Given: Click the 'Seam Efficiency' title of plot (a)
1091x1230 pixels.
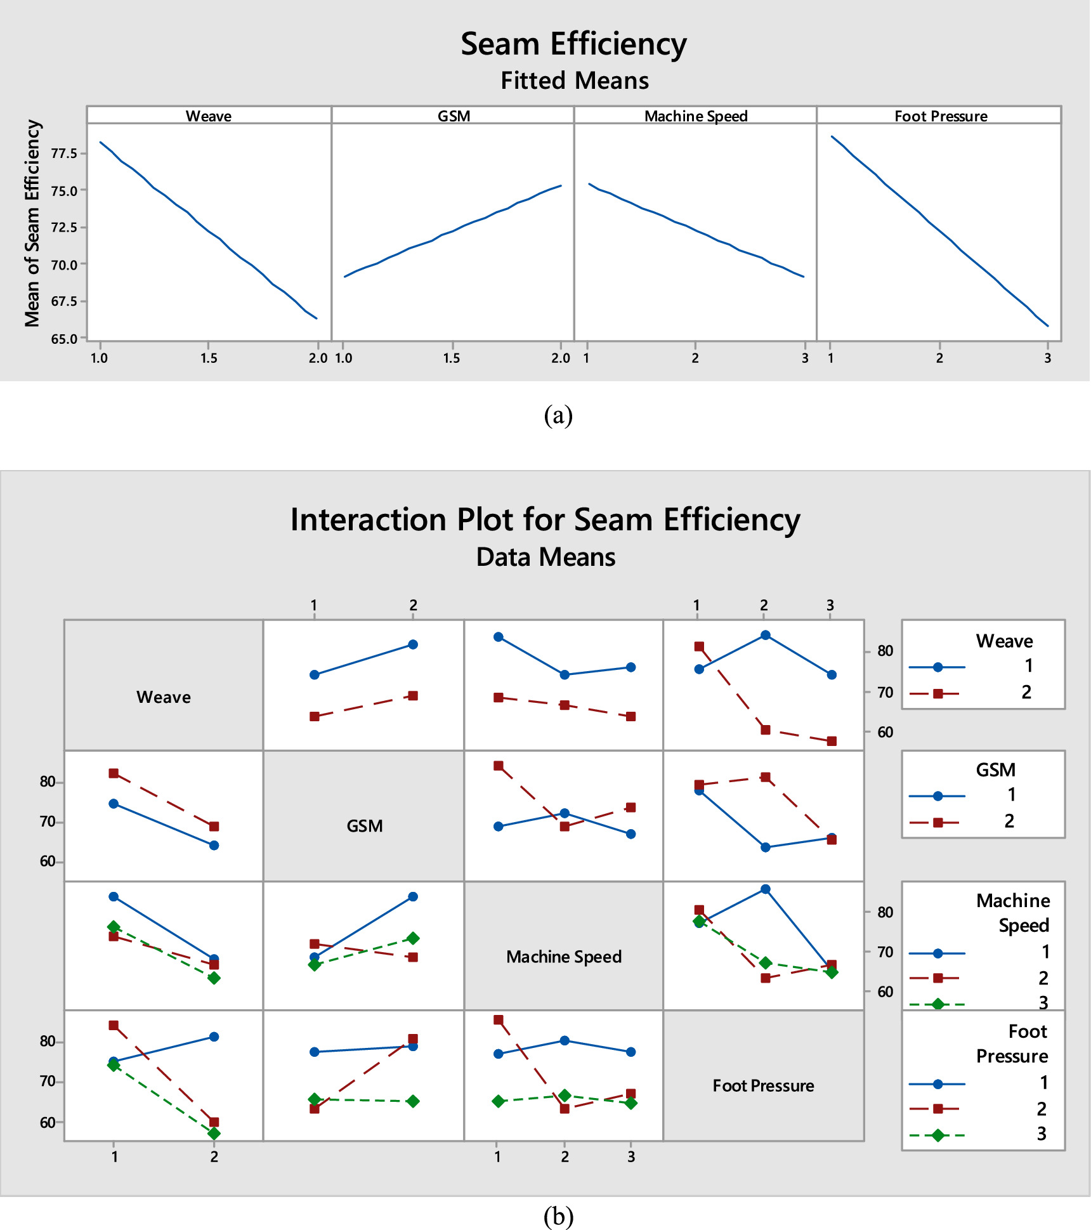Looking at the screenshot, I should (573, 44).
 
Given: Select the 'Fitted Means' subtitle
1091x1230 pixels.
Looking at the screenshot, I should (575, 81).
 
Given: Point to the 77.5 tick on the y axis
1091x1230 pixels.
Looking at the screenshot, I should (63, 154).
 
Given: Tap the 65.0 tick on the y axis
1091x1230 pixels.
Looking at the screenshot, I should (63, 339).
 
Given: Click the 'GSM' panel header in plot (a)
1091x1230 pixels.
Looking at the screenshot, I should (454, 116).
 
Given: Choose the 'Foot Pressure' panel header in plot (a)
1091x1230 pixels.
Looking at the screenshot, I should (941, 116).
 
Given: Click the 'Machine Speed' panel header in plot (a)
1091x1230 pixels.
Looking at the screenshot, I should (696, 116).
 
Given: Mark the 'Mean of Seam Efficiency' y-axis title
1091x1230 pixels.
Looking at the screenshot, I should (32, 223).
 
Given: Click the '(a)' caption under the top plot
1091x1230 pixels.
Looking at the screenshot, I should (558, 415).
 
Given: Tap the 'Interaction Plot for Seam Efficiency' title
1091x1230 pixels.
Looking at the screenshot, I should (545, 520).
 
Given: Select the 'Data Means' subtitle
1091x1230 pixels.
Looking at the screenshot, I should (545, 557).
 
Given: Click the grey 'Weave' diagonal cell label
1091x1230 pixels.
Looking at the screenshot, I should (164, 697).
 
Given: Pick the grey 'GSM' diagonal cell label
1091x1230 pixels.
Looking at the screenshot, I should (365, 826).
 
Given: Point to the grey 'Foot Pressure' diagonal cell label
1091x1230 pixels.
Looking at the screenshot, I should (763, 1086).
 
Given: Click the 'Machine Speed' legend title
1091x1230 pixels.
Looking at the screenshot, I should (1013, 913).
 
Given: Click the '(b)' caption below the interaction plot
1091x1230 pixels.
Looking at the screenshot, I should (558, 1216).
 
